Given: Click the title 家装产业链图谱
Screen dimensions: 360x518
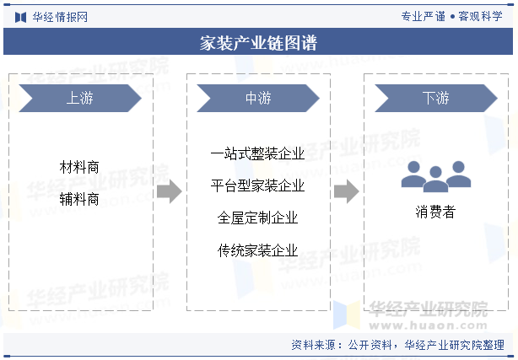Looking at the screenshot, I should pos(259,43).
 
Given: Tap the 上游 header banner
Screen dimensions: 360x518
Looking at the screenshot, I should pos(79,99).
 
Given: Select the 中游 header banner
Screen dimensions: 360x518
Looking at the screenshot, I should pos(258,99).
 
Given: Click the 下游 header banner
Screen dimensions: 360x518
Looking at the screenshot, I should pos(435,99).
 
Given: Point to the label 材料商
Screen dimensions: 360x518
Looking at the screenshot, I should pos(80,168).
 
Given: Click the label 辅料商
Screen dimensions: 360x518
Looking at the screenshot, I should pos(80,199).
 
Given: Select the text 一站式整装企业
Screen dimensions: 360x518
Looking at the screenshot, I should pos(258,153).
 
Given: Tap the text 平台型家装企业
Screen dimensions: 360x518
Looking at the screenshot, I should pos(258,185).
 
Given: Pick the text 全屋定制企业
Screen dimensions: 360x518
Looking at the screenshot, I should pos(258,218).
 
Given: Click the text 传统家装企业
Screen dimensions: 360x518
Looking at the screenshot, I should pos(258,250).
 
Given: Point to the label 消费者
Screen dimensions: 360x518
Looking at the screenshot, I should pos(435,212).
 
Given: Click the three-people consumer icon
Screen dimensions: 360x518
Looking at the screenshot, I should pos(435,175).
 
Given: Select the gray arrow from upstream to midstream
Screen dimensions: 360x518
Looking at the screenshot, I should pos(170,192).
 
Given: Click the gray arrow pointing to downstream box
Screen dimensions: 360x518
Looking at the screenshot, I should pos(347,192).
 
